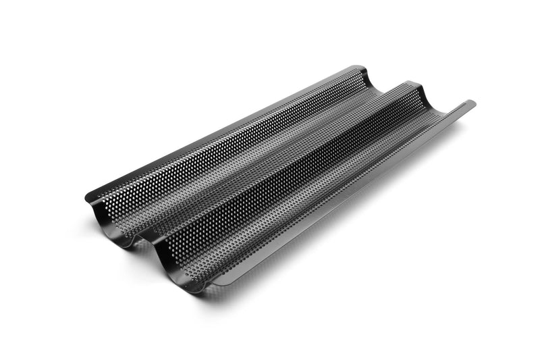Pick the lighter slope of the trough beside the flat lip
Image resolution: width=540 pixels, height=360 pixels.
click(x=337, y=182)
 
